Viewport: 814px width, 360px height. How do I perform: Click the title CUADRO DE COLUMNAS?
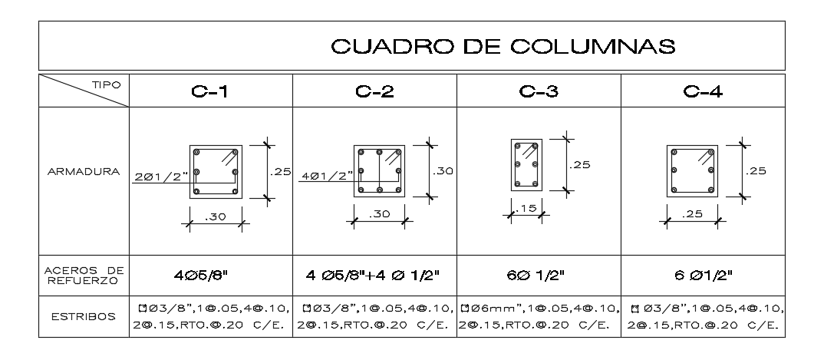pos(503,48)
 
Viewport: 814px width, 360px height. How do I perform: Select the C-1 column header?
pos(210,92)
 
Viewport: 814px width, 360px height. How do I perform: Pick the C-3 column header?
pos(538,92)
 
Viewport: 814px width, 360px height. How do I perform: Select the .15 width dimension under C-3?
pos(527,209)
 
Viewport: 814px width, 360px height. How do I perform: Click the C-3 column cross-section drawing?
pos(527,164)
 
